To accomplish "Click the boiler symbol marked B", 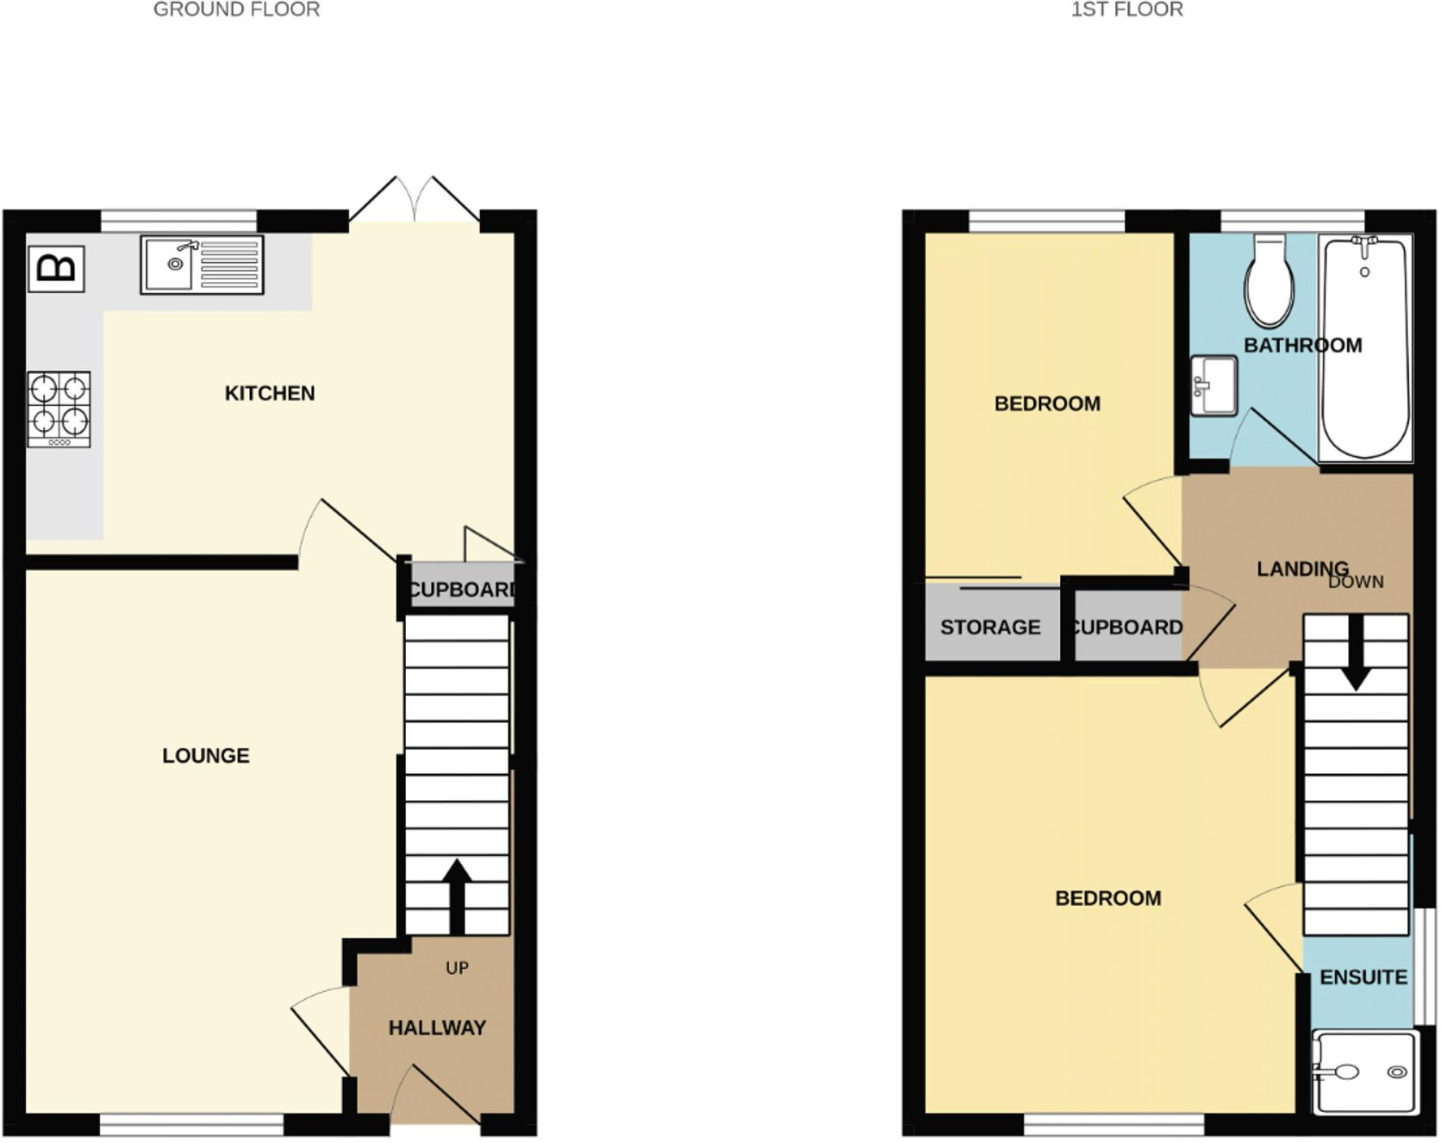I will pos(56,269).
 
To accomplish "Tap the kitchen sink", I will pos(203,265).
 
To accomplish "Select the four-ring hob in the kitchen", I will pos(59,409).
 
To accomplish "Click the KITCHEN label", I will pos(270,393).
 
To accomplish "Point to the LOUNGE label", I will pos(206,756).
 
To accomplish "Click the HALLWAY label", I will pos(437,1027).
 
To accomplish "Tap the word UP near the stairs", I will pos(457,968).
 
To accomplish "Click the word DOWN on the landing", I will pos(1356,582).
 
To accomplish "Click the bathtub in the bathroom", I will pos(1365,349).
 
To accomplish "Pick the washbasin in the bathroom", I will pos(1213,385).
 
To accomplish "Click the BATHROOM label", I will pos(1302,346).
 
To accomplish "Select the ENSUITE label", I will pos(1363,977).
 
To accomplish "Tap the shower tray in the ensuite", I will pos(1363,1071).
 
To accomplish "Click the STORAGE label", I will pos(990,628).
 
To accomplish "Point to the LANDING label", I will pos(1302,569).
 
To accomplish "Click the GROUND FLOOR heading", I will pos(236,9).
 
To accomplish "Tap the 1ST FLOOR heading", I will pos(1126,9).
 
